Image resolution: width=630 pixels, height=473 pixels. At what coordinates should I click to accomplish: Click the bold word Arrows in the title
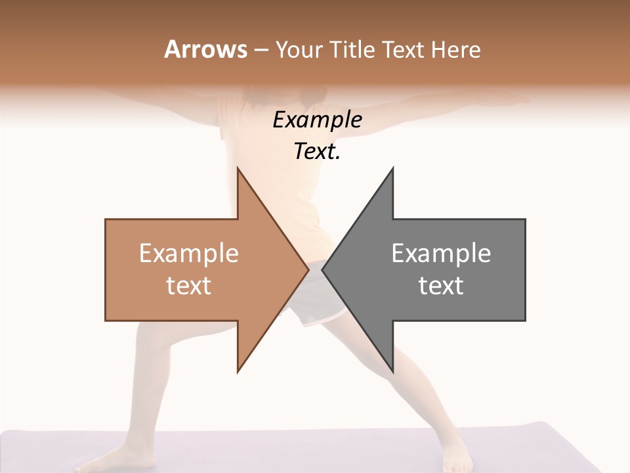[205, 49]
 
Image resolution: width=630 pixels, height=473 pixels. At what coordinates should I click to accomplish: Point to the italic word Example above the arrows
[317, 120]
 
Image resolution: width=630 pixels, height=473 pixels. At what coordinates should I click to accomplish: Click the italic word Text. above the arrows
[317, 152]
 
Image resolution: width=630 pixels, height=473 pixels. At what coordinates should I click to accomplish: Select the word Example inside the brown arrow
[189, 253]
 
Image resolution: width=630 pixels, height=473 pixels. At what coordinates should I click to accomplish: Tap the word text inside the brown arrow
[189, 286]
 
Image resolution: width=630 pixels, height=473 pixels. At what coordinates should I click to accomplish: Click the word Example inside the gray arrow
[441, 253]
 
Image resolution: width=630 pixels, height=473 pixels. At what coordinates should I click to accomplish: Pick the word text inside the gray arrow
[441, 286]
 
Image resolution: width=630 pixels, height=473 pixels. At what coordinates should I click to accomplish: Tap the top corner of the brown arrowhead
[238, 169]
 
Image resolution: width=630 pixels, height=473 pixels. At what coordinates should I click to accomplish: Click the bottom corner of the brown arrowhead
[238, 371]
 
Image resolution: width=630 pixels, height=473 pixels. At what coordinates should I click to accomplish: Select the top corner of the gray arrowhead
[392, 169]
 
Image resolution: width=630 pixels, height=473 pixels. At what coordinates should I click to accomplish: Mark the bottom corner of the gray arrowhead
[392, 371]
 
